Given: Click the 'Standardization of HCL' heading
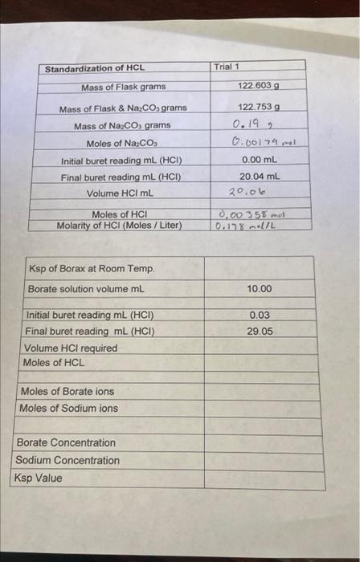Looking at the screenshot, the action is click(95, 69).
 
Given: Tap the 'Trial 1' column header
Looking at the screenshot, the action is click(228, 67).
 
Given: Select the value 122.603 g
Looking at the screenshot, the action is click(259, 85).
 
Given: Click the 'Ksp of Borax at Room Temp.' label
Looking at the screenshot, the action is click(92, 269).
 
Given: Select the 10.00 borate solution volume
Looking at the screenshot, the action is click(260, 289).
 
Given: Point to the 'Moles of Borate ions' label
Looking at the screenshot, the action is click(67, 392).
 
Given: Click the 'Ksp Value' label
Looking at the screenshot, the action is click(39, 478).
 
